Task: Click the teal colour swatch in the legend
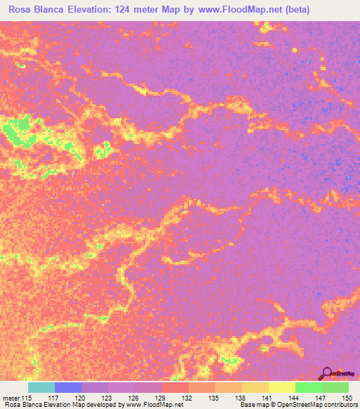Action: pos(41,387)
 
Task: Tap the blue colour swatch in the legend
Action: pos(68,387)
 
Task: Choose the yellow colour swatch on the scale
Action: pos(281,387)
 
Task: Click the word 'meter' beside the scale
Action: pos(11,397)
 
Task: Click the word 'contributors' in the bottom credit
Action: pos(338,405)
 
